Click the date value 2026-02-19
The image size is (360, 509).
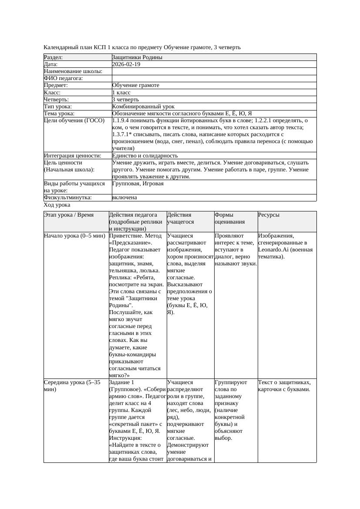[126, 64]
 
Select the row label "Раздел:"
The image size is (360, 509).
[54, 57]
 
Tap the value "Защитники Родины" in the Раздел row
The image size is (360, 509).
[137, 57]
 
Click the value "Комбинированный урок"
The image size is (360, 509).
[143, 107]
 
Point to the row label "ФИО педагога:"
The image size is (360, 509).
[64, 78]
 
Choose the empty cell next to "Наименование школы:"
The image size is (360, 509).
[214, 71]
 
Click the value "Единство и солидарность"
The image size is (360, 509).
[145, 156]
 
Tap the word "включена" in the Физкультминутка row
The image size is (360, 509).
[124, 198]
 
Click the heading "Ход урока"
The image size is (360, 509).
[57, 205]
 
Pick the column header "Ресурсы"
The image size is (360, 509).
[269, 215]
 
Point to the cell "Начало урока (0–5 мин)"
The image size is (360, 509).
[74, 236]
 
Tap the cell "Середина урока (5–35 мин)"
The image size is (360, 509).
[72, 386]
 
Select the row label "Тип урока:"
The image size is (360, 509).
[58, 107]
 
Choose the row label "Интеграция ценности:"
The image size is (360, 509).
[72, 156]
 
